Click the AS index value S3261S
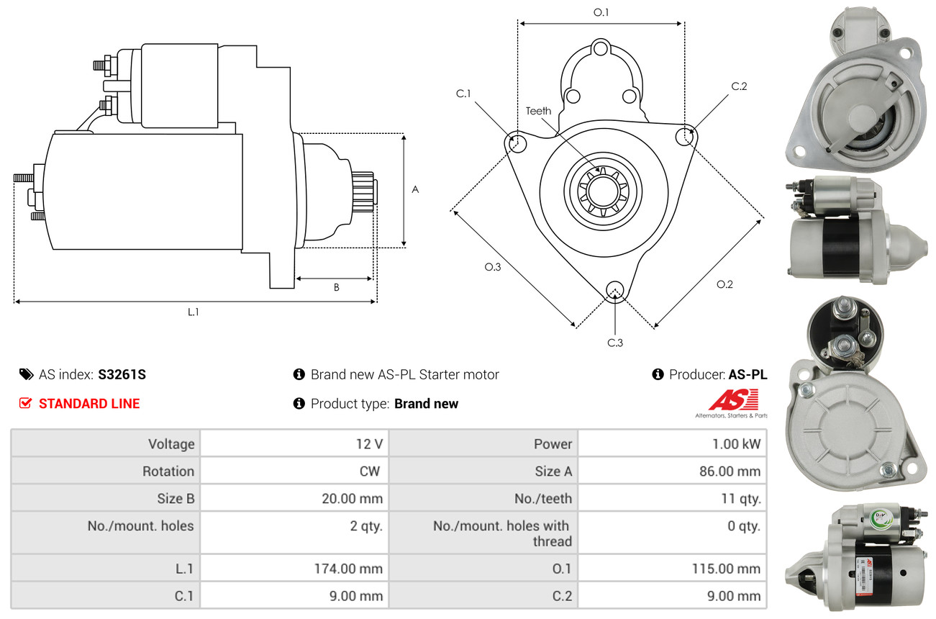point(122,374)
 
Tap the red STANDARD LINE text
point(89,404)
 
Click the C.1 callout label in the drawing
point(463,94)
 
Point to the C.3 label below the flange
point(615,343)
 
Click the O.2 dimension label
point(724,284)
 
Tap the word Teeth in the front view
point(538,111)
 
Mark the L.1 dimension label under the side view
point(193,312)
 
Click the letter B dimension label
point(336,287)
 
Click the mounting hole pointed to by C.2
point(685,135)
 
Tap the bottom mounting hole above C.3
point(614,290)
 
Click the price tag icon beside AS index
point(26,374)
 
